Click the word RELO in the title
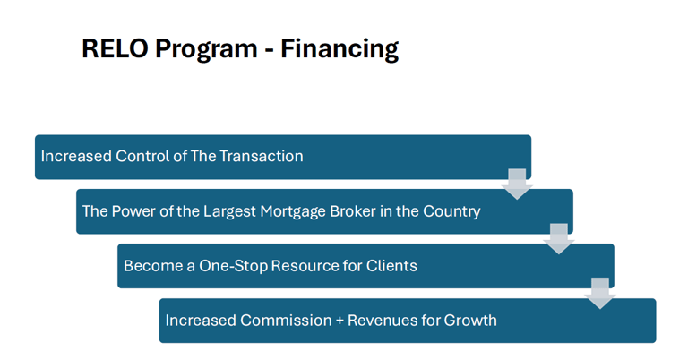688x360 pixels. tap(115, 47)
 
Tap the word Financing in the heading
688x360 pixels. tap(340, 49)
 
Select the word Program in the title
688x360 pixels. tap(206, 50)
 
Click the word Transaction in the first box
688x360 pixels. tap(261, 156)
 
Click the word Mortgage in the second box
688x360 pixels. tap(293, 211)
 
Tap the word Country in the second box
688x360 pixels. tap(451, 211)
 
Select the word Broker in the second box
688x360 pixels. tap(353, 211)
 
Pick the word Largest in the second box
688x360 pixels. tap(229, 211)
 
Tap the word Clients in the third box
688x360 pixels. tap(391, 266)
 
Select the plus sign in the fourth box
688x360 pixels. tap(340, 321)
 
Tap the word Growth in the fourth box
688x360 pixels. tap(470, 320)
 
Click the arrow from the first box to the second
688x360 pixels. tap(517, 184)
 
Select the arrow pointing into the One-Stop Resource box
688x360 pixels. tap(559, 239)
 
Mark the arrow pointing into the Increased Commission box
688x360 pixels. tap(600, 294)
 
